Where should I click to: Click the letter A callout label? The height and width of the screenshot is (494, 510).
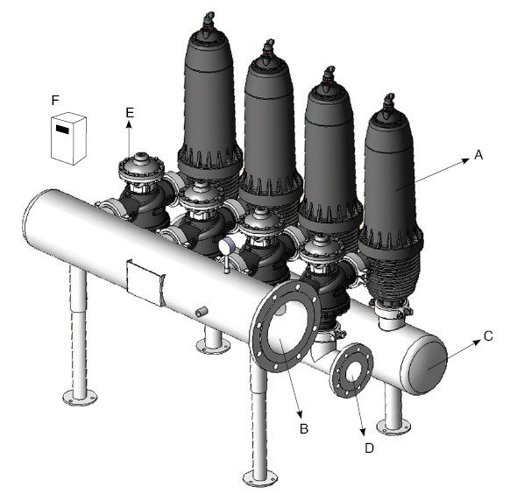[x=478, y=155]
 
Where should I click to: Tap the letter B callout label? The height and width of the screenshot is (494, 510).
[x=304, y=428]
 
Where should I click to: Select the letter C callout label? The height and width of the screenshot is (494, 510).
[x=488, y=336]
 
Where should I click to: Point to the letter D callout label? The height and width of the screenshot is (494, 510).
[x=369, y=448]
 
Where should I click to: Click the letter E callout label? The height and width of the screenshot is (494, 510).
[x=130, y=113]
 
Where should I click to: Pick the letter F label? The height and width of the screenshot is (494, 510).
[x=55, y=100]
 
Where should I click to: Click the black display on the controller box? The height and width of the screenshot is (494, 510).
[x=62, y=130]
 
